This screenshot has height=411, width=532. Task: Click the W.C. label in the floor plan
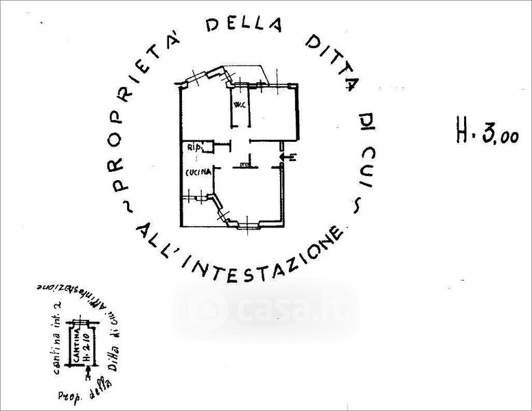(239, 105)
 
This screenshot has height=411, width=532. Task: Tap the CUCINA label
(196, 173)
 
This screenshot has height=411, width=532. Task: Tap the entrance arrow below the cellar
(87, 373)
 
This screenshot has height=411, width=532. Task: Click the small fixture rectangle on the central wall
(244, 164)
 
